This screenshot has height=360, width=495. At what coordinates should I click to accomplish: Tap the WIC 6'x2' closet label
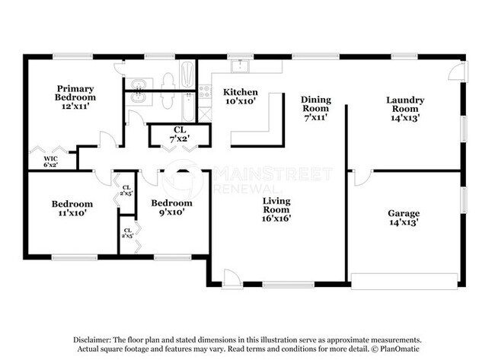point(49,161)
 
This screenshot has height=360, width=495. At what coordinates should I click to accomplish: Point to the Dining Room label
point(315,108)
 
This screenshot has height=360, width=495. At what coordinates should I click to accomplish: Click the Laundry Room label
point(404,108)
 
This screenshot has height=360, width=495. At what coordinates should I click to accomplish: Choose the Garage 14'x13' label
point(404,218)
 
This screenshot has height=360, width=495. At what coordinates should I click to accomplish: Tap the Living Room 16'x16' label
point(276,209)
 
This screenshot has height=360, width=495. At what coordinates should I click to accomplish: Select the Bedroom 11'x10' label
point(72,209)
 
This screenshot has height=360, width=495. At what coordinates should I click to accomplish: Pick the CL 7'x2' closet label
point(180,134)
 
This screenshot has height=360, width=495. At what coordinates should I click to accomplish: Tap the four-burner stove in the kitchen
point(204,91)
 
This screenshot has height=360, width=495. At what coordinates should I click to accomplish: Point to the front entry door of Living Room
point(232,280)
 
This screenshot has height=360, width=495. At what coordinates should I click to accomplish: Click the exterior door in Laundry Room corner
point(455,72)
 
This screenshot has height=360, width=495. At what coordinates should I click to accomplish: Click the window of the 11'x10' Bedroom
point(73,257)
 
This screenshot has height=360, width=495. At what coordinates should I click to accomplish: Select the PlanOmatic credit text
point(397,350)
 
